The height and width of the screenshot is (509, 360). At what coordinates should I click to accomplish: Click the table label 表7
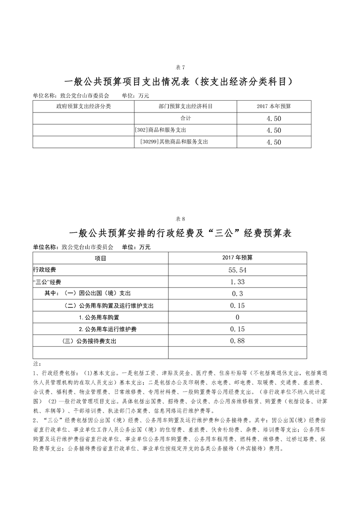[180, 68]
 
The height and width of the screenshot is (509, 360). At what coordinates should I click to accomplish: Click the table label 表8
[180, 219]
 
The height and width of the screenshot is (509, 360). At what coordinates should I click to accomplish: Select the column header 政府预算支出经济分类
[84, 106]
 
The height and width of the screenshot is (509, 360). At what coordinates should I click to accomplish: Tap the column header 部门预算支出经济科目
[186, 106]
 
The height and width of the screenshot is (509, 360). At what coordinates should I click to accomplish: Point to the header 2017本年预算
[274, 106]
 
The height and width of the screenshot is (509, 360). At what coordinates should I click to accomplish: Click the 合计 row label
[186, 118]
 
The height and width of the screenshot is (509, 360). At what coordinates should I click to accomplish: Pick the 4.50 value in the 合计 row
[274, 118]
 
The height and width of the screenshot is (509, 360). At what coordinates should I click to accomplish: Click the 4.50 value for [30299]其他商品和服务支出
[274, 142]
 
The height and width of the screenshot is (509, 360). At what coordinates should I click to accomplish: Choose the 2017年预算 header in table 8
[237, 258]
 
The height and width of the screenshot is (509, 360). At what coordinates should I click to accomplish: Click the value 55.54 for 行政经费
[238, 270]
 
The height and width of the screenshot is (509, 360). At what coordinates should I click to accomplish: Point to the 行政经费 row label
[44, 270]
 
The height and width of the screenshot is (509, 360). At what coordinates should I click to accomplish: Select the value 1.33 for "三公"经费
[237, 282]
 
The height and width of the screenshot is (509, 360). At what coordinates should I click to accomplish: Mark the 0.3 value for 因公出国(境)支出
[237, 294]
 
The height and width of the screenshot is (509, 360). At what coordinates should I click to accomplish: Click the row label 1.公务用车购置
[99, 317]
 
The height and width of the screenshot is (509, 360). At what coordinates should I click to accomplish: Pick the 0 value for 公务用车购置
[237, 317]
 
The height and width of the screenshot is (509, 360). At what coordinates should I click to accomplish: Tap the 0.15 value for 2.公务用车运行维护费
[237, 329]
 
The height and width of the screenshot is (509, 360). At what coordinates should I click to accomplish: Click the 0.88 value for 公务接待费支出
[237, 341]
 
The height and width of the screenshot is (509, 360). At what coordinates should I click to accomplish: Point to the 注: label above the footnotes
[37, 363]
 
